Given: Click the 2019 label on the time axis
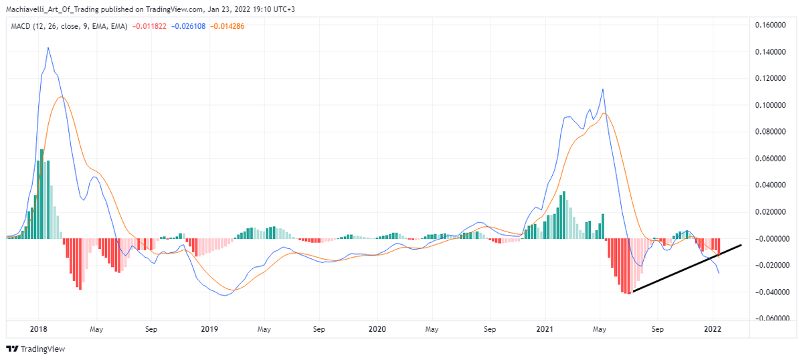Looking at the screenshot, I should [x=209, y=329].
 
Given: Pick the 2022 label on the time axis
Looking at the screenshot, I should [x=712, y=329].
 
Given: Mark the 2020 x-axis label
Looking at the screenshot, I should [x=377, y=329].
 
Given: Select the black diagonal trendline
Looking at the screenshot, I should [x=686, y=268].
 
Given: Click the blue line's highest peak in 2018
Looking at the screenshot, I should [x=48, y=48].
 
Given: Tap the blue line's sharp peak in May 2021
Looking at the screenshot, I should [x=604, y=89].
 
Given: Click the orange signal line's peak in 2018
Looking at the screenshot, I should [x=61, y=97].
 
